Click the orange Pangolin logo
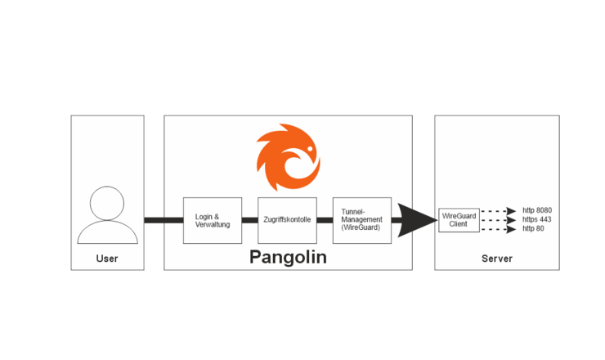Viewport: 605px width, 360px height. click(x=287, y=158)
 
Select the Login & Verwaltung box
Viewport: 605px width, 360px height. click(x=213, y=220)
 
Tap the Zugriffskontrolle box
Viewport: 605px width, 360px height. click(x=287, y=220)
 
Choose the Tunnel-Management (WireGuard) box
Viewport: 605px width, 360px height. click(x=361, y=220)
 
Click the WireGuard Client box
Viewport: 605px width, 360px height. click(x=458, y=219)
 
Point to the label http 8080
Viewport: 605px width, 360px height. click(x=537, y=210)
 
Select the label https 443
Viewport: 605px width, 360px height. click(x=537, y=219)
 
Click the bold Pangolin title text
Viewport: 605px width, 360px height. click(x=287, y=258)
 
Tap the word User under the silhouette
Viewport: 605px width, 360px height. click(x=107, y=259)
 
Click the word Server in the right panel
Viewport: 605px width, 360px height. click(x=496, y=259)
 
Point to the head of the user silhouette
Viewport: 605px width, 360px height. click(x=107, y=203)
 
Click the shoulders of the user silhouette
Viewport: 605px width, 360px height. click(x=107, y=232)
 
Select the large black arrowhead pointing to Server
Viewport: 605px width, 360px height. click(x=419, y=220)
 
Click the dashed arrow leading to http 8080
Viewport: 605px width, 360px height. click(x=498, y=211)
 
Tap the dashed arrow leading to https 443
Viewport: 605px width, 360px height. click(x=498, y=220)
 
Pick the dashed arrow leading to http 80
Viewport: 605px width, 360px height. click(x=498, y=229)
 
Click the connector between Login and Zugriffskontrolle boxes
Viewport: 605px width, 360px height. click(x=249, y=220)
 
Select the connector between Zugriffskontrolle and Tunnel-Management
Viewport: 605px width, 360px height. click(x=324, y=220)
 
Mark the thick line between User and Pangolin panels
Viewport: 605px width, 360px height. click(x=154, y=220)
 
